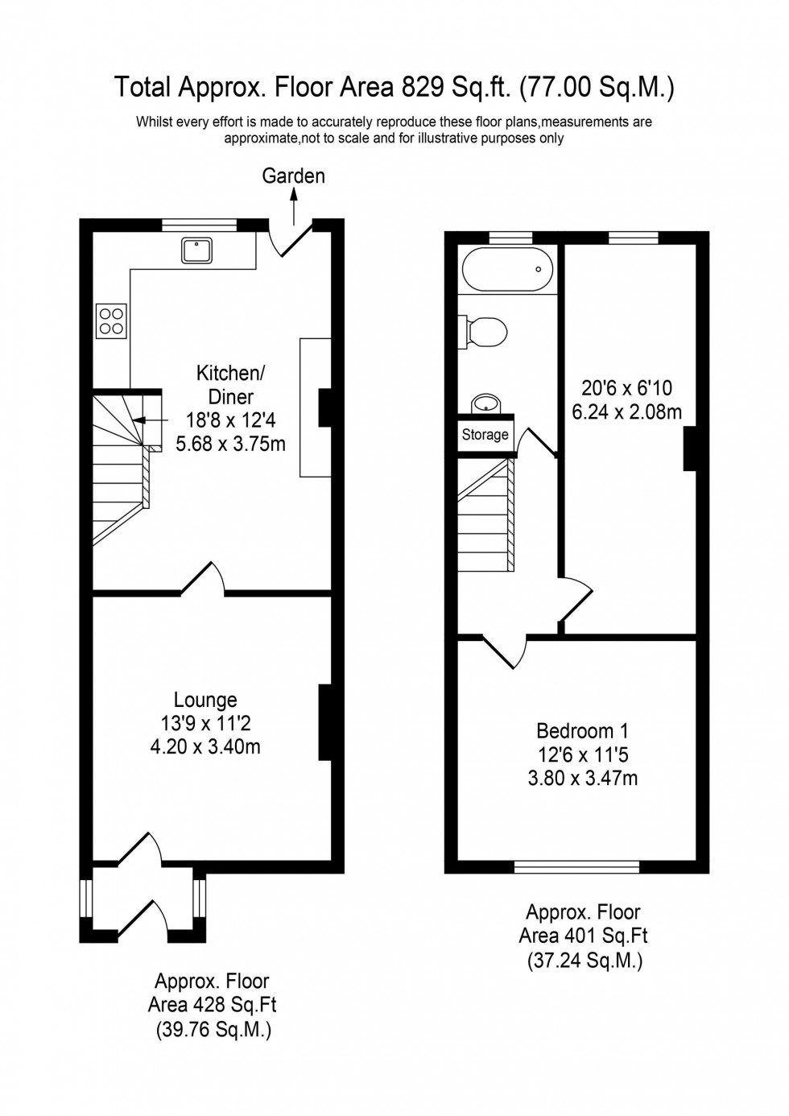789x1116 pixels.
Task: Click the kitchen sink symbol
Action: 197,250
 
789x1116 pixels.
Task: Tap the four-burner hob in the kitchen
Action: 110,321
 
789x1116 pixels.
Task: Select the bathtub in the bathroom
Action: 505,270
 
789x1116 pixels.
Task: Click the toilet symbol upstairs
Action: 485,330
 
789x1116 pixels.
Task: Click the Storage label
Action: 485,435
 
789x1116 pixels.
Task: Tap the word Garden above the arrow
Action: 293,176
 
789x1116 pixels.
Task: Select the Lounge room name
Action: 206,701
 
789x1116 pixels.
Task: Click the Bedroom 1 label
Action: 582,731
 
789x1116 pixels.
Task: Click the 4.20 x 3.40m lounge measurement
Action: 206,747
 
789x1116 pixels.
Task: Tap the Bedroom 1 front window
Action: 576,867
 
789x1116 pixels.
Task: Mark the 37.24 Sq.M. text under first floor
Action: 585,960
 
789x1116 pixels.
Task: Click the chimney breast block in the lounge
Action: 325,722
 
